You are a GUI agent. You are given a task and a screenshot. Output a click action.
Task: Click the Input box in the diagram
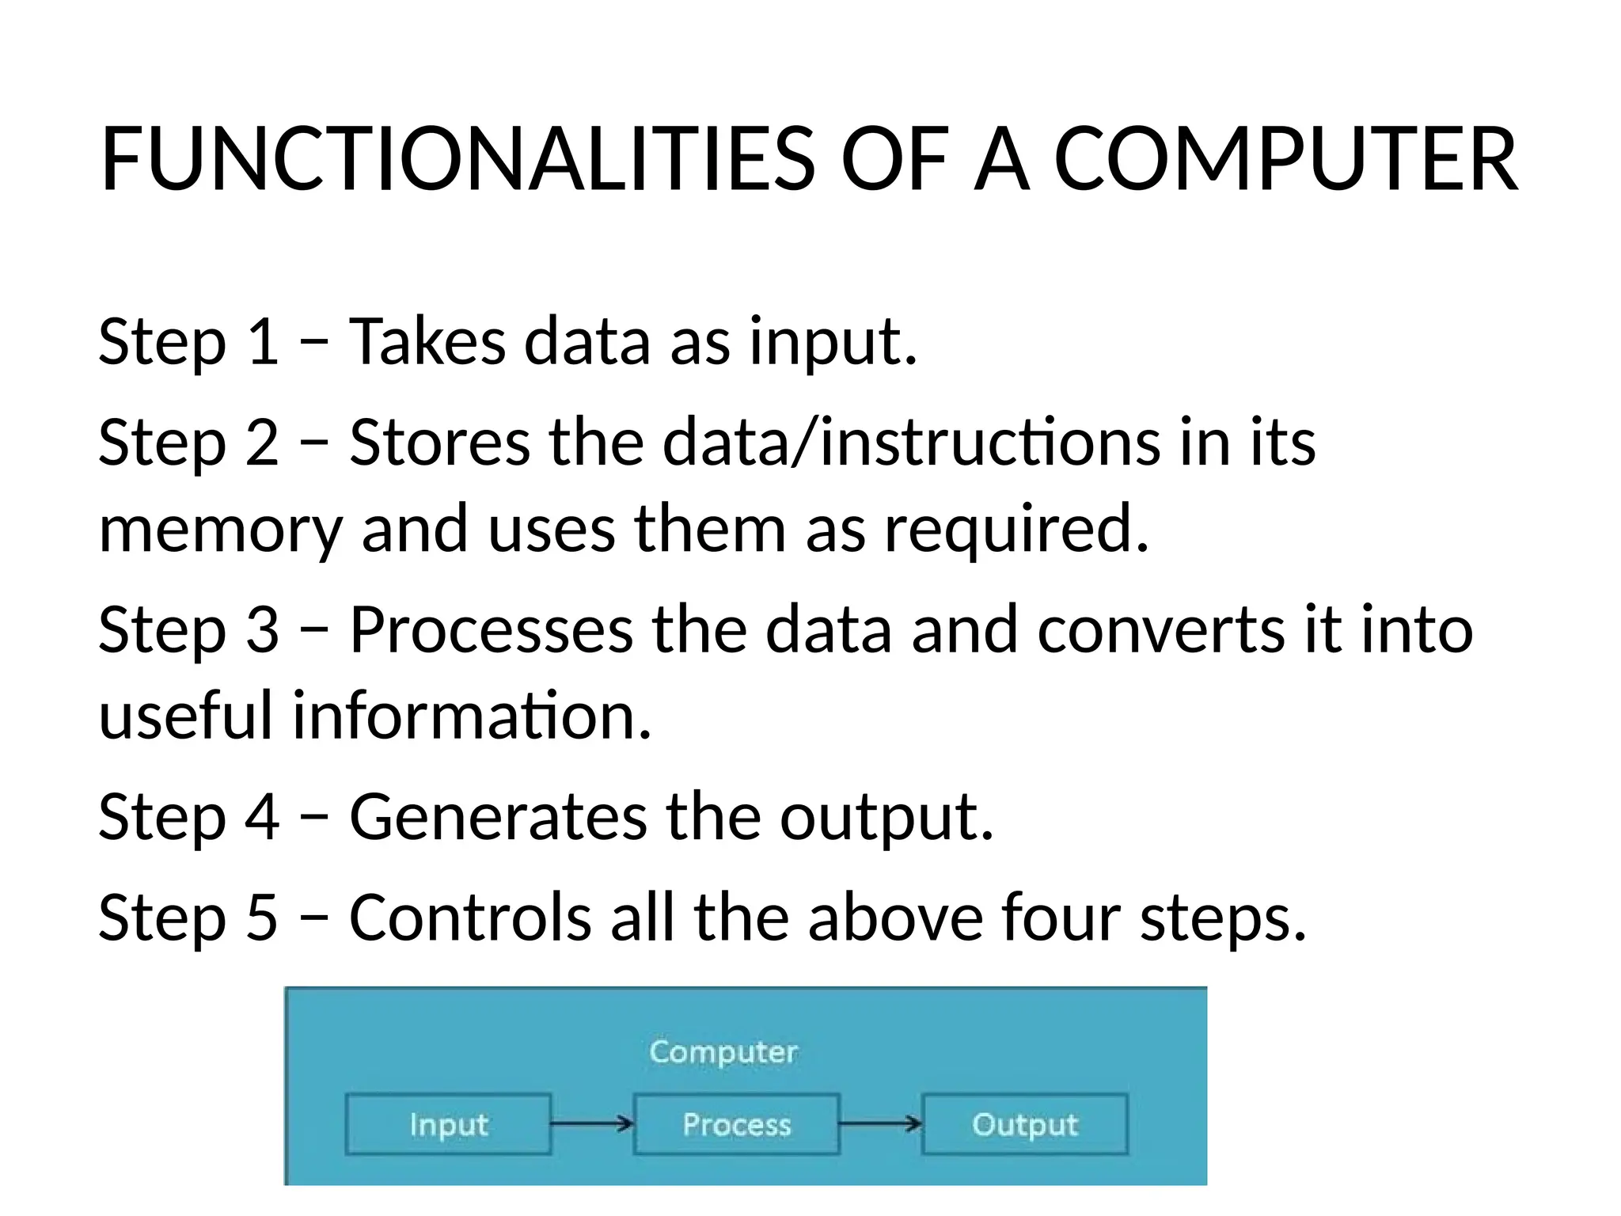coord(448,1124)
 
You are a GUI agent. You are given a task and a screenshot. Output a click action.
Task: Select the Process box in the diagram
coord(736,1124)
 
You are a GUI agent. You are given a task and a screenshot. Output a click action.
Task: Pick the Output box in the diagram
coord(1024,1124)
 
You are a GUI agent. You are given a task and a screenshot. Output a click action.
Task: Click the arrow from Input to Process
coord(592,1123)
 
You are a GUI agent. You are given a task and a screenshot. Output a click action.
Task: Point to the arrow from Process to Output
coord(880,1123)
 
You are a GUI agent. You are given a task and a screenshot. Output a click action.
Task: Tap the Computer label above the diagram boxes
coord(723,1052)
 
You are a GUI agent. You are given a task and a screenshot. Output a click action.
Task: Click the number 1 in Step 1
coord(262,341)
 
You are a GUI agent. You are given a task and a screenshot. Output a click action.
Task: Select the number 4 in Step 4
coord(262,816)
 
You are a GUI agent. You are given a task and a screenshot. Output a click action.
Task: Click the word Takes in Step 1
coord(427,341)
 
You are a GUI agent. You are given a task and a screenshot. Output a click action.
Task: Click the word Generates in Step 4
coord(498,816)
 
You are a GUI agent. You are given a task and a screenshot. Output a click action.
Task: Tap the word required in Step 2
coord(1015,529)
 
